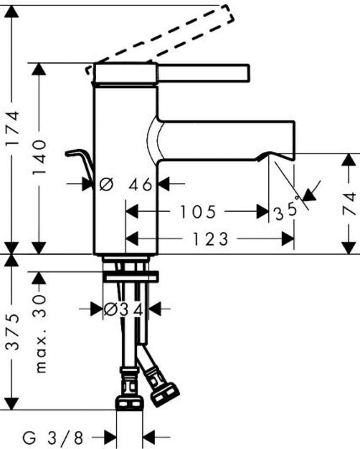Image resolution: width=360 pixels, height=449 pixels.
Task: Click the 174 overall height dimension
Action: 13,128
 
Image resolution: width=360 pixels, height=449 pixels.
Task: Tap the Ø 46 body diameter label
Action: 126,185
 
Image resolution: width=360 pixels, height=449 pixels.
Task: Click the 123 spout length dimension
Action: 210,239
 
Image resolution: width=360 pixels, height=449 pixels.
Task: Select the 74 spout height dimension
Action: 349,203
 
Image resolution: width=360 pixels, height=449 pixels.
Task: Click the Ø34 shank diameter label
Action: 123,309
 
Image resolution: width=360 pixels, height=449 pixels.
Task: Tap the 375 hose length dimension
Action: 13,332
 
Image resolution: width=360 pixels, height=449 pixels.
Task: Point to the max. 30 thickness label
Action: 39,334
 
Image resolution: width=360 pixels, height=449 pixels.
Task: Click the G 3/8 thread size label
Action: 53,437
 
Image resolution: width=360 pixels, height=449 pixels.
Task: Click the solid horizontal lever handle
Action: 203,73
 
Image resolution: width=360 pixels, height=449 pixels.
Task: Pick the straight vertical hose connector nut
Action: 129,402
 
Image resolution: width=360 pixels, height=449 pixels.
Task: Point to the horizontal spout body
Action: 226,140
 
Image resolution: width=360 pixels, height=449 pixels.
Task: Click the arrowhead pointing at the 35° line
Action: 308,195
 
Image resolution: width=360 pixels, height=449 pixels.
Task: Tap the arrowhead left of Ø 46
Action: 88,183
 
